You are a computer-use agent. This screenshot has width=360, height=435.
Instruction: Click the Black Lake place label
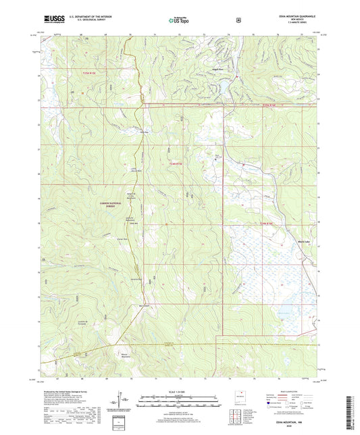click(x=305, y=239)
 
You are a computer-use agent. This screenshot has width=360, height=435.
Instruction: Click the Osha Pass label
click(x=143, y=132)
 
